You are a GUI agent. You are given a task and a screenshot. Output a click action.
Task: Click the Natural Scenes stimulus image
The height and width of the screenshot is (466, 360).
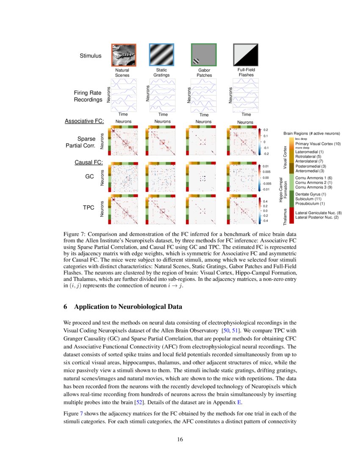click(x=123, y=55)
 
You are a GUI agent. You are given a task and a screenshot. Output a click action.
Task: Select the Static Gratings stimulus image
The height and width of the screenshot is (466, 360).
click(x=161, y=55)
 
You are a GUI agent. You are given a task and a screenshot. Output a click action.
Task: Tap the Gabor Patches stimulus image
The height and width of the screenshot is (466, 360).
click(x=204, y=55)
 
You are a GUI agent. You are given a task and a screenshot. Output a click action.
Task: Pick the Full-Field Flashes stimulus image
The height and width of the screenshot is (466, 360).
click(x=246, y=55)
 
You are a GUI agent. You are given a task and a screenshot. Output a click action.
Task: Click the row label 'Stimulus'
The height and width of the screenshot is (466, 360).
click(x=91, y=55)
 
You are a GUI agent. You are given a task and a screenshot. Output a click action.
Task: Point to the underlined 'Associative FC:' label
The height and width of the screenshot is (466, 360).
click(x=84, y=121)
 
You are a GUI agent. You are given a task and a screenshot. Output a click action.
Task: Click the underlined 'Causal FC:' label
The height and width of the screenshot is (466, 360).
click(x=89, y=162)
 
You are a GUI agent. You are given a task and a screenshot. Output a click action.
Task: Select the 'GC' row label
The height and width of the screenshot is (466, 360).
click(x=89, y=175)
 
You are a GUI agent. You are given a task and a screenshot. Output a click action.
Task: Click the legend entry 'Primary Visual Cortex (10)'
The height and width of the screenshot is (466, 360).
click(x=318, y=144)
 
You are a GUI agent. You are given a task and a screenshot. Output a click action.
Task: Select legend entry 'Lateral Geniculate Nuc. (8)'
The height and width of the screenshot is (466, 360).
click(x=318, y=213)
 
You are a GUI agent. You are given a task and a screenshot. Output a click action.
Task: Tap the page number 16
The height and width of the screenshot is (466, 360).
click(x=180, y=440)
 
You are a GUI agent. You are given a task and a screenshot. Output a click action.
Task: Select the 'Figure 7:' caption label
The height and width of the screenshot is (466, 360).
click(x=75, y=234)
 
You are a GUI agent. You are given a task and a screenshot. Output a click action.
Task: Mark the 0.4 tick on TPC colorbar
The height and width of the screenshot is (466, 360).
click(x=266, y=201)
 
